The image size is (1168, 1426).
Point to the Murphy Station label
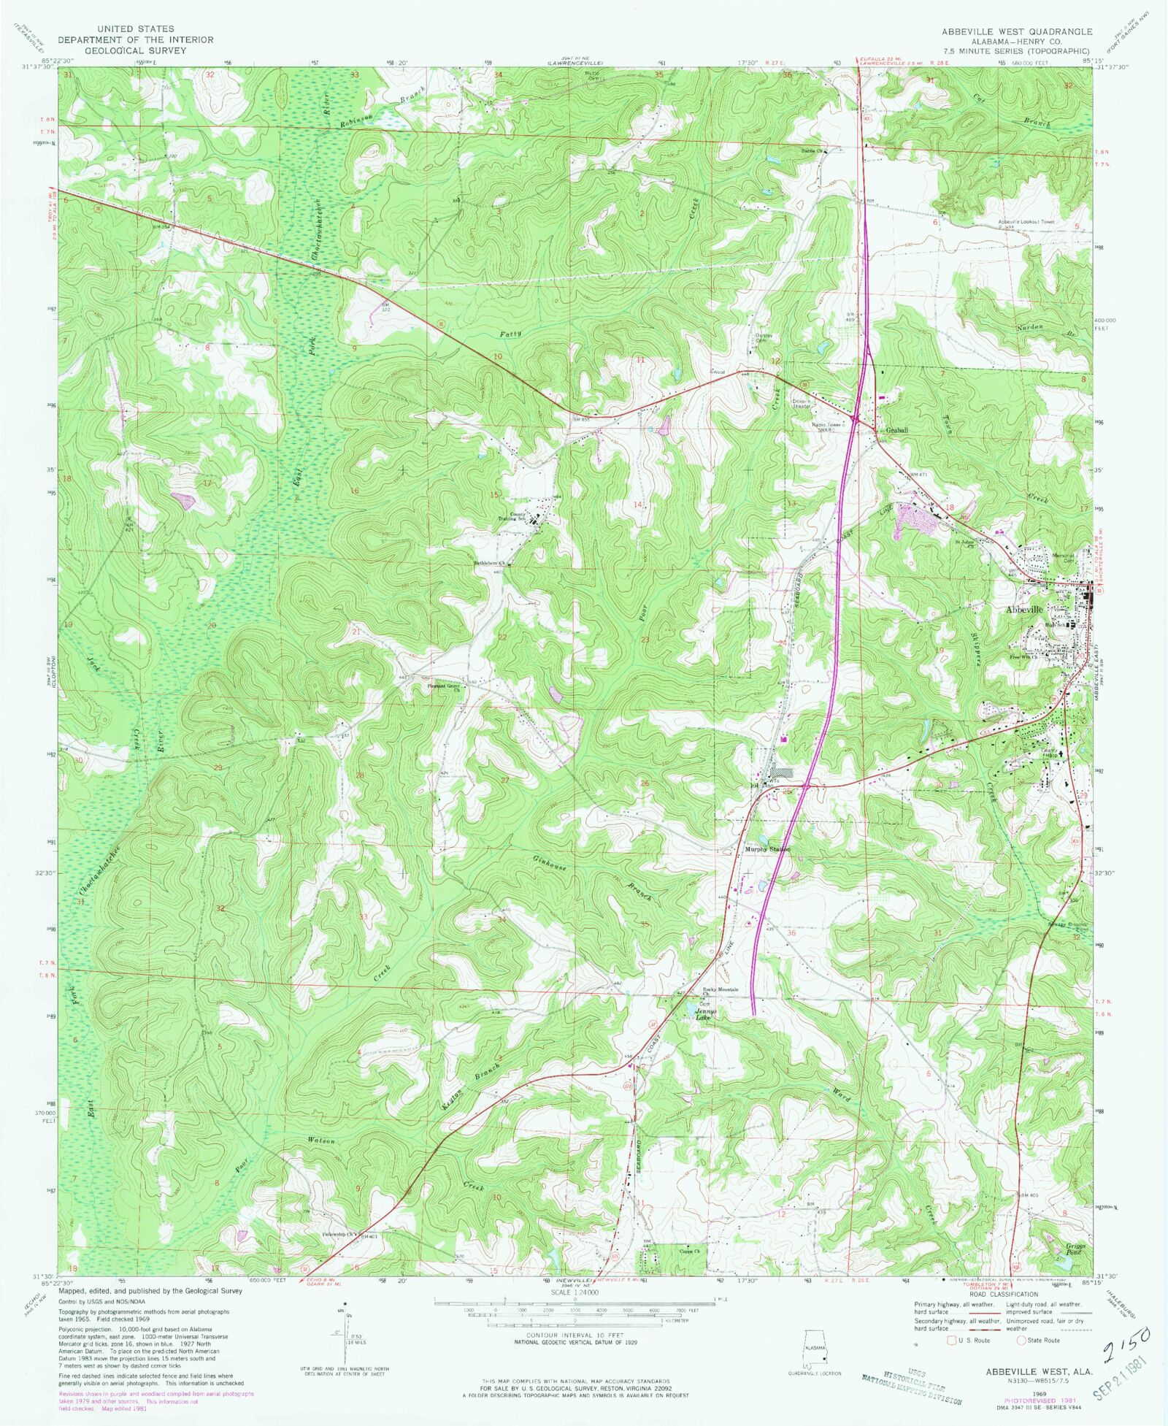(x=767, y=849)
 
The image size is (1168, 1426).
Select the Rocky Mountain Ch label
(x=721, y=991)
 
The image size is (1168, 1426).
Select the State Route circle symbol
(x=1021, y=1341)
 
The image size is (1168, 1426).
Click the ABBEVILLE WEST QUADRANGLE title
(x=1016, y=31)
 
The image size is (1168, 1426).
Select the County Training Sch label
(x=518, y=516)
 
